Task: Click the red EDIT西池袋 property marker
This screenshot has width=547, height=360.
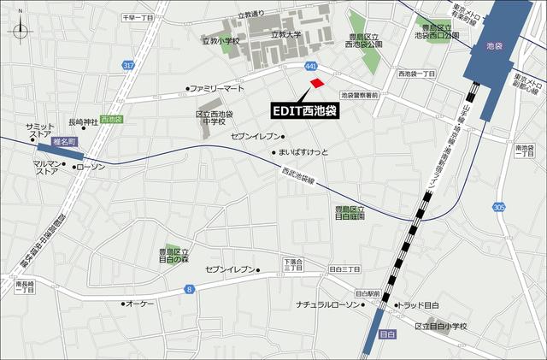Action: [x=317, y=83]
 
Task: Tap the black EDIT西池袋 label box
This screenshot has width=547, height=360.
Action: [x=305, y=110]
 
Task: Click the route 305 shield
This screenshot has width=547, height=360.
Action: [x=499, y=208]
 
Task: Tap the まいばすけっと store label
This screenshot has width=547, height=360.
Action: [x=303, y=152]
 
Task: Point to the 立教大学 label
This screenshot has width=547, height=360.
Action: [x=286, y=35]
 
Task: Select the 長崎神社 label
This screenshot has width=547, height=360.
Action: [x=83, y=121]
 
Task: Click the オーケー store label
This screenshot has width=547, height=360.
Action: [x=139, y=304]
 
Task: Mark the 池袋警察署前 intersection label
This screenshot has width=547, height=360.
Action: [x=364, y=95]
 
